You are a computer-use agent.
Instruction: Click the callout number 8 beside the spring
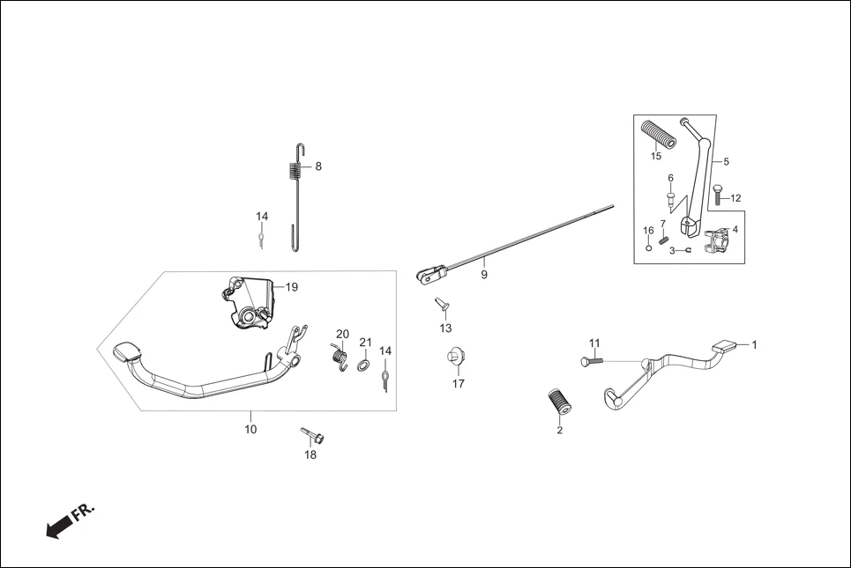tap(318, 166)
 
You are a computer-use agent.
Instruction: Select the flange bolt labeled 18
tap(312, 435)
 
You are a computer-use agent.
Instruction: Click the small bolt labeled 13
tap(443, 306)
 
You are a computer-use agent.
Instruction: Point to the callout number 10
tap(250, 430)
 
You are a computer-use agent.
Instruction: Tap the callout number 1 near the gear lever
tap(754, 344)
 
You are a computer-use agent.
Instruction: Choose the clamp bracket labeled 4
tap(718, 240)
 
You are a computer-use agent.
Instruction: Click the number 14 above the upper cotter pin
tap(262, 217)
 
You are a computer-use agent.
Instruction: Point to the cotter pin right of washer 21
tap(385, 379)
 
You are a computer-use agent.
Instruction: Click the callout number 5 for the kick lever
tap(727, 162)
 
